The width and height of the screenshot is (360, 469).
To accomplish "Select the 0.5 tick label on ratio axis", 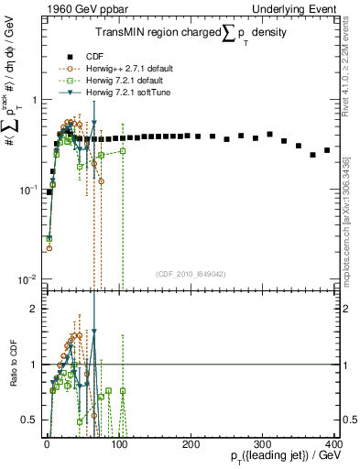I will pyautogui.click(x=28, y=420).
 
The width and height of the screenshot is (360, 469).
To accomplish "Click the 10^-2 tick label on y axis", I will pyautogui.click(x=27, y=278).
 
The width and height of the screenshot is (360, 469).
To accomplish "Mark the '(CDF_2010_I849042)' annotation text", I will pyautogui.click(x=191, y=272).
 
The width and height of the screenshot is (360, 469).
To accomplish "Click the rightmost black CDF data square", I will pyautogui.click(x=327, y=149).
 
